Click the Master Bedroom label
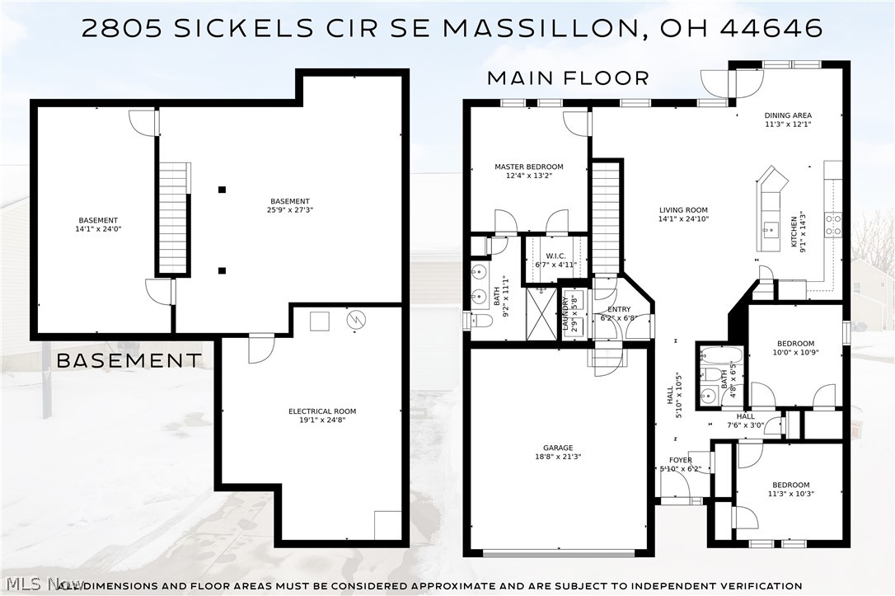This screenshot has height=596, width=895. pos(528,167)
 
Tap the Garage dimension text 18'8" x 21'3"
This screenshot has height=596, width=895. pos(557,457)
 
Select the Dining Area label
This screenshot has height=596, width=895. pos(788,115)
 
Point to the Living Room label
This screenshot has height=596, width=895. pos(683,209)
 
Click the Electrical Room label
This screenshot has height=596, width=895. pos(321,411)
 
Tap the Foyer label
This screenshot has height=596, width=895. pos(680,460)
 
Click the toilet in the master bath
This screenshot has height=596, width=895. pos(477,321)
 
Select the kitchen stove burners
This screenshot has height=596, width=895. pos(833,225)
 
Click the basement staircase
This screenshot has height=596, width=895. pos(173,218)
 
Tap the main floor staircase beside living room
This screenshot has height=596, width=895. pos(606,218)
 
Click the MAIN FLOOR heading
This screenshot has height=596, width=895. pos(568,78)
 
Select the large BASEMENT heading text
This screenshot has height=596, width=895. pos(128,360)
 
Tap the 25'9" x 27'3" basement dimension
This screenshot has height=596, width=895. pos(290,210)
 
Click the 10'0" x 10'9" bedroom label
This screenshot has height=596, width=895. pos(795,352)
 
